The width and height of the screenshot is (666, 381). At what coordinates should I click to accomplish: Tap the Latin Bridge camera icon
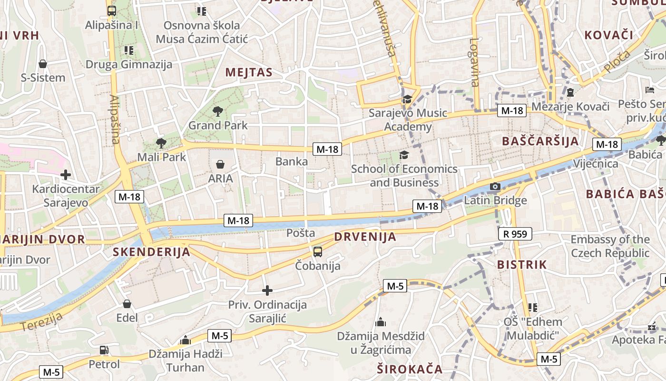pyautogui.click(x=495, y=186)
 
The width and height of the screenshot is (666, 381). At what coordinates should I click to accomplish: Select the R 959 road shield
pyautogui.click(x=515, y=234)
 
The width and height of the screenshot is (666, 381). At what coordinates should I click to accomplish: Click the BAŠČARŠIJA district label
pyautogui.click(x=540, y=141)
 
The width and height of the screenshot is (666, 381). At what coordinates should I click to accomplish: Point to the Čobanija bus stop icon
pyautogui.click(x=317, y=251)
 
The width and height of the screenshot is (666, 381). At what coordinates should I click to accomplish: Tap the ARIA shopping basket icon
pyautogui.click(x=220, y=165)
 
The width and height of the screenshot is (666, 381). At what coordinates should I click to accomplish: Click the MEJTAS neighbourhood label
pyautogui.click(x=249, y=72)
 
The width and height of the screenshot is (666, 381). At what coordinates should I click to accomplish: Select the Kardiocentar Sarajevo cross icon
pyautogui.click(x=66, y=175)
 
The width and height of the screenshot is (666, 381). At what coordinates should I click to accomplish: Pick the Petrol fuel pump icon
pyautogui.click(x=104, y=350)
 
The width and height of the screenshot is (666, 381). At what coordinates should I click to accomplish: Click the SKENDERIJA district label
pyautogui.click(x=152, y=252)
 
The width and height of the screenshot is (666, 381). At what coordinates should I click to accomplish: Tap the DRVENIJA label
pyautogui.click(x=365, y=237)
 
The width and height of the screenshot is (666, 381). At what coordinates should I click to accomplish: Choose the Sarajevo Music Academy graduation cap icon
pyautogui.click(x=407, y=100)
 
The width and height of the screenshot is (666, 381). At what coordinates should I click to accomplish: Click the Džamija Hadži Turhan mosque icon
pyautogui.click(x=186, y=340)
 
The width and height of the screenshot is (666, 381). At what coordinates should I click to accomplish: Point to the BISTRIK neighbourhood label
pyautogui.click(x=522, y=265)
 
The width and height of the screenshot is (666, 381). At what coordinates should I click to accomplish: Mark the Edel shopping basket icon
pyautogui.click(x=127, y=304)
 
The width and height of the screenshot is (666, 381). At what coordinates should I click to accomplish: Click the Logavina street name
pyautogui.click(x=475, y=62)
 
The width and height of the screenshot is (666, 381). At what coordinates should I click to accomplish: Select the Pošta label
pyautogui.click(x=301, y=233)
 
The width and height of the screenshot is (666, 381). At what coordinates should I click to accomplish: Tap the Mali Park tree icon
pyautogui.click(x=161, y=143)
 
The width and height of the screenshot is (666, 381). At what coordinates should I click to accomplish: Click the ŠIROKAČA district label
pyautogui.click(x=410, y=369)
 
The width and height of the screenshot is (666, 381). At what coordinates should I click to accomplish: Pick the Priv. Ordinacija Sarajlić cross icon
pyautogui.click(x=267, y=290)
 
